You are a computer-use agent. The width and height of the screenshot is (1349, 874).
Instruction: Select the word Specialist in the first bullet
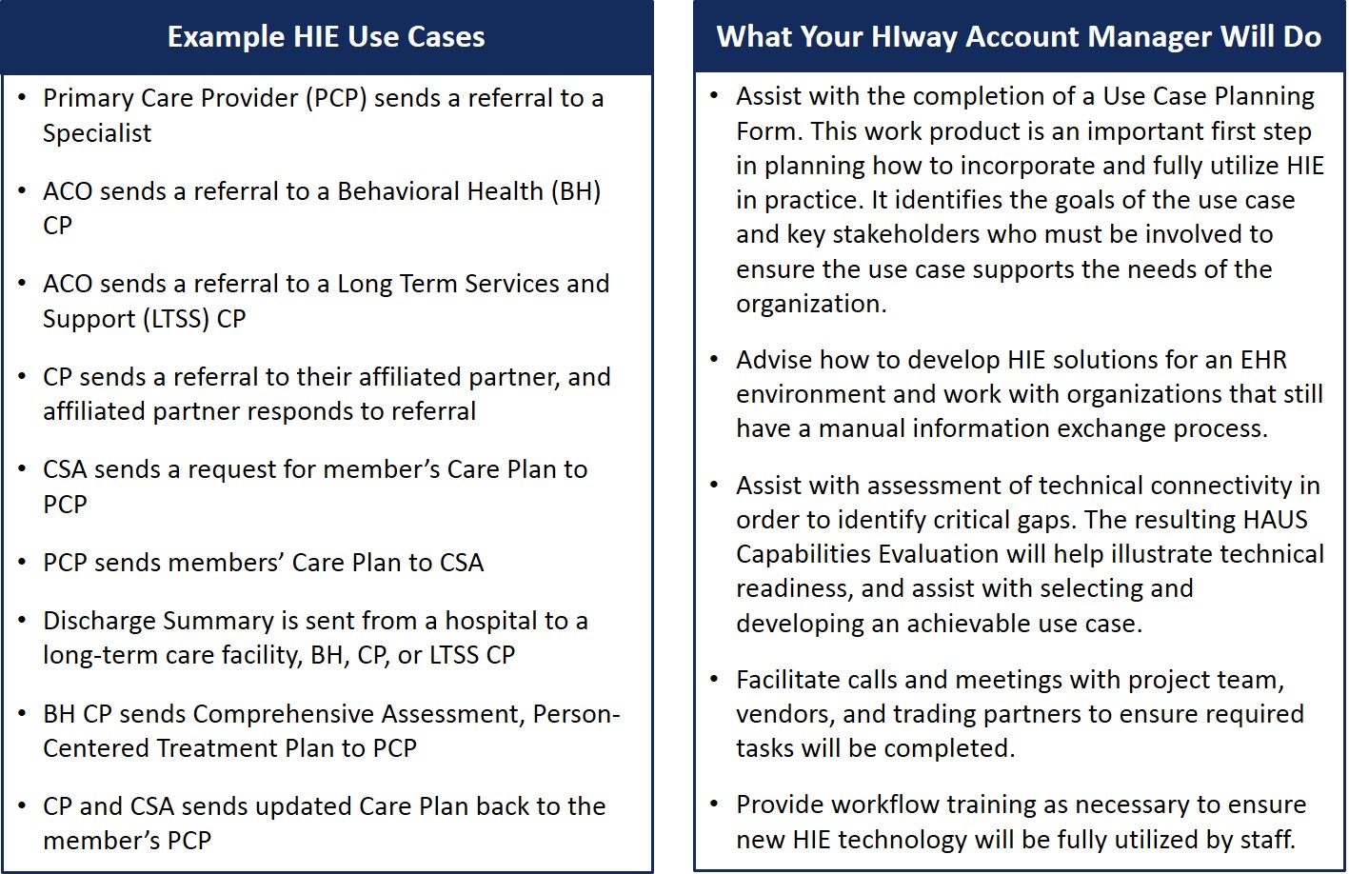[x=97, y=133]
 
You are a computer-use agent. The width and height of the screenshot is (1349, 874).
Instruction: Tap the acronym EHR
[x=1263, y=360]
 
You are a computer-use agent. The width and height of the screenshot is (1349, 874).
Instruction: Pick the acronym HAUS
[x=1276, y=520]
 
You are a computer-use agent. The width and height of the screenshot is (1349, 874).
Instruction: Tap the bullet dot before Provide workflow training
[x=715, y=804]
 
